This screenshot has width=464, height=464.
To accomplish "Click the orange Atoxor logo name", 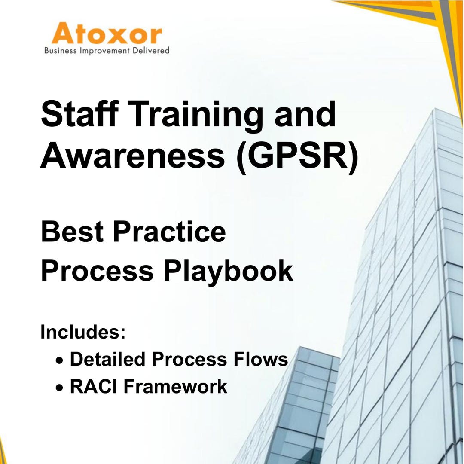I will point(107,35).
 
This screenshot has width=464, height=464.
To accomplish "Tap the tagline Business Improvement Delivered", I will point(107,51).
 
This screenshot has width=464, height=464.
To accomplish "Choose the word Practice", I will point(169,232).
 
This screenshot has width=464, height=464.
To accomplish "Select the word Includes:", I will point(83,332).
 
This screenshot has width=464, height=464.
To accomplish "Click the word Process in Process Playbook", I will point(97,272).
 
